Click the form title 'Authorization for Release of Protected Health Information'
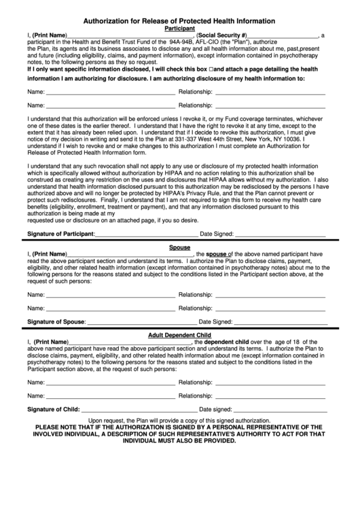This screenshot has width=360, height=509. (179, 21)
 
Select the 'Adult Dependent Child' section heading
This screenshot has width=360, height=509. (179, 335)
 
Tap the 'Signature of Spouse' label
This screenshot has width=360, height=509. (56, 321)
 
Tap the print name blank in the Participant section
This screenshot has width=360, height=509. (130, 36)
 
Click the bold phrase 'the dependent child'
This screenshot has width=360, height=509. (223, 343)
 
